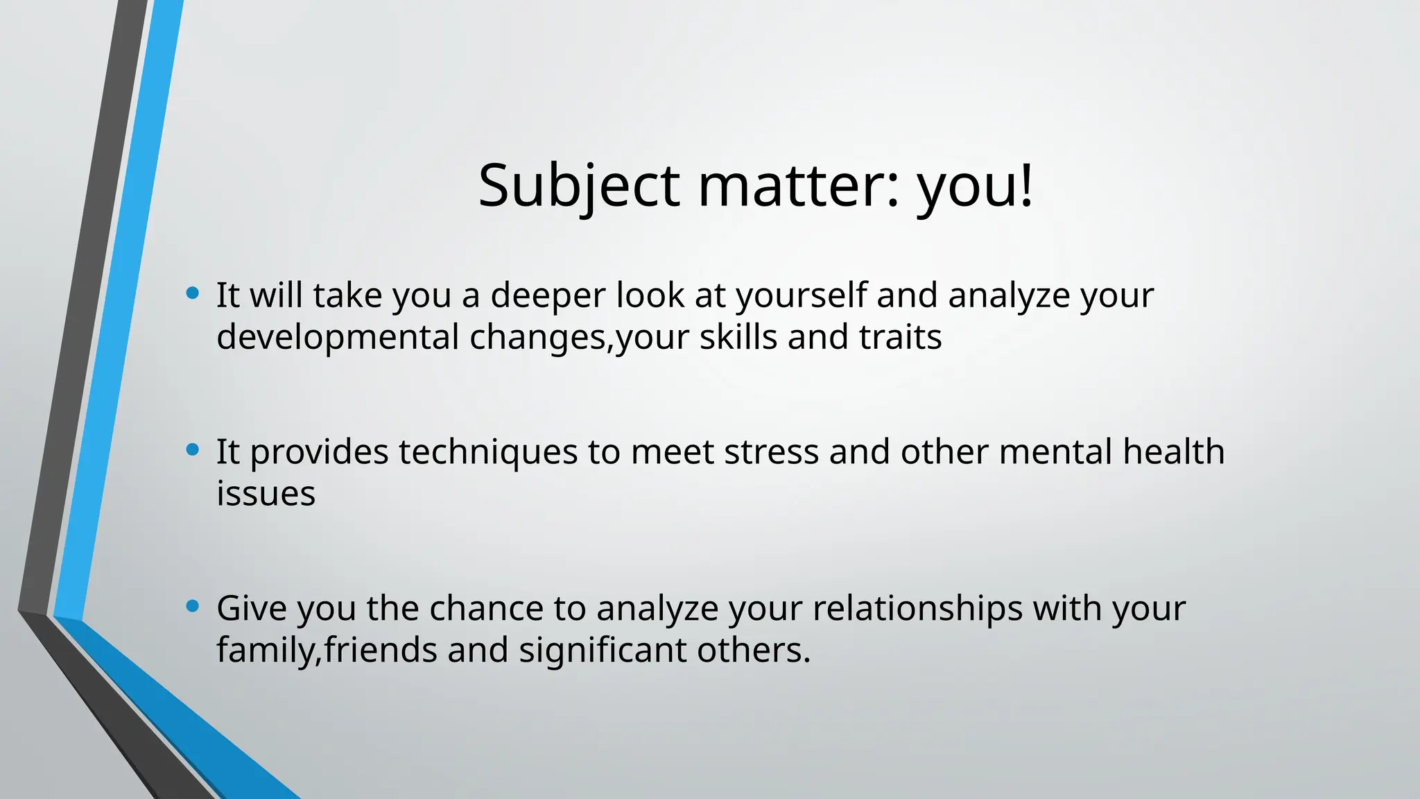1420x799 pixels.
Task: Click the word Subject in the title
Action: click(579, 186)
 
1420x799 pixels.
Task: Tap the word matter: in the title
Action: click(798, 186)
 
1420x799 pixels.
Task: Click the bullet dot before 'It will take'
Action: click(193, 293)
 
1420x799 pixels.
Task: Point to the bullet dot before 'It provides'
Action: click(193, 450)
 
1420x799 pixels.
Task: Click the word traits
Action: click(900, 338)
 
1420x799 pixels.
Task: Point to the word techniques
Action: click(487, 453)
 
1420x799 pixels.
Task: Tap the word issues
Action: click(266, 495)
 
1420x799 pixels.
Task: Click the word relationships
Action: click(917, 609)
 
